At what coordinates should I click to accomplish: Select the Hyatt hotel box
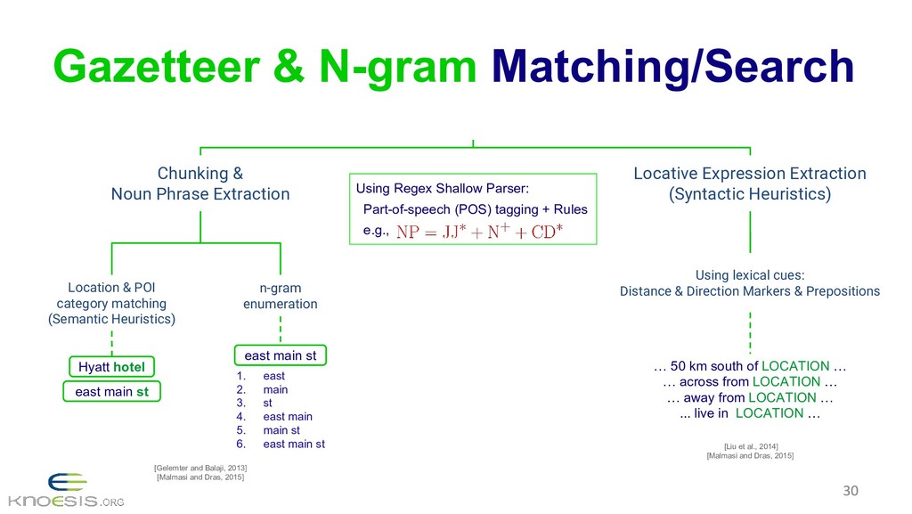click(111, 366)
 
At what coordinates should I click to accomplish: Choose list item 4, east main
click(287, 416)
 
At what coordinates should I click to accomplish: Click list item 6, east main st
click(293, 444)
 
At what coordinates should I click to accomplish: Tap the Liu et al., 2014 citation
click(749, 445)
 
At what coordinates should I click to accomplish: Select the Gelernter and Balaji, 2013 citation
click(200, 467)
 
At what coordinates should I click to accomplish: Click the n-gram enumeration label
click(280, 296)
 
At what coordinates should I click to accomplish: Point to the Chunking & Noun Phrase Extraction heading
click(200, 184)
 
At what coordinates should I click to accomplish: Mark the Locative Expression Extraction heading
click(749, 184)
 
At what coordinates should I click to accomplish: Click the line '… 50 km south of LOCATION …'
click(749, 366)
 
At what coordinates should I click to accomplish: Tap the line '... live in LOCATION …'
click(749, 413)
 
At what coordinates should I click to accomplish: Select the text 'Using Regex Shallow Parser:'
click(443, 188)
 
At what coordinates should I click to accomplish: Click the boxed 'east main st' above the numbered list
click(280, 355)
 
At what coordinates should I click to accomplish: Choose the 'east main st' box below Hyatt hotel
click(111, 391)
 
